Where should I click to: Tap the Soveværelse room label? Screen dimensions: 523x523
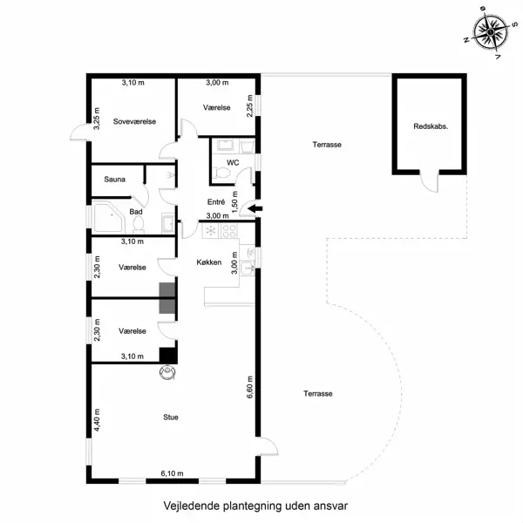134,122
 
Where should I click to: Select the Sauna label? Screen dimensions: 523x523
114,180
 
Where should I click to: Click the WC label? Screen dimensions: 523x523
233,162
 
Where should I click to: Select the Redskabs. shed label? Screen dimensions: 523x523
431,127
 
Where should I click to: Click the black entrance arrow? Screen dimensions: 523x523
254,208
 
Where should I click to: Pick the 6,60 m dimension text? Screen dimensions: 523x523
248,383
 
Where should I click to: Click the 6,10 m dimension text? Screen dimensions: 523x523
173,473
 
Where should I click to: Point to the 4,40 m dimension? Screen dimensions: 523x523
97,422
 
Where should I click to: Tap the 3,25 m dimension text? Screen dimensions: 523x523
97,119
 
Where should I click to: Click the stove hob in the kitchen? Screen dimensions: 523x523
231,231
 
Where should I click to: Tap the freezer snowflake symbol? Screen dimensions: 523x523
209,231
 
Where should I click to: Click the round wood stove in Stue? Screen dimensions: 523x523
166,372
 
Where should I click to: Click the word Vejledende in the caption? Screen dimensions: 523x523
188,505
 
